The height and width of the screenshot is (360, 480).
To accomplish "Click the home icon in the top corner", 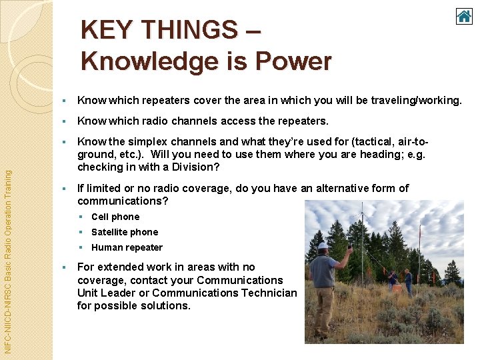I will (464, 16).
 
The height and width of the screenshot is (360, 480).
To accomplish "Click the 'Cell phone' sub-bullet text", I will (115, 217).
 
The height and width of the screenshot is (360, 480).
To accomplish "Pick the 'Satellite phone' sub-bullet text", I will (125, 232).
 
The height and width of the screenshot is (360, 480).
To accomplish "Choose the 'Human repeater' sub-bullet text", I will (127, 247).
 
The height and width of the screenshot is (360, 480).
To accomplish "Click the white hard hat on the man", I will (323, 245).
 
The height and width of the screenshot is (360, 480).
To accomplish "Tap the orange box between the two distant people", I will (399, 289).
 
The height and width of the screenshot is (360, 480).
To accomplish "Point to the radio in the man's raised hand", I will (350, 247).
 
